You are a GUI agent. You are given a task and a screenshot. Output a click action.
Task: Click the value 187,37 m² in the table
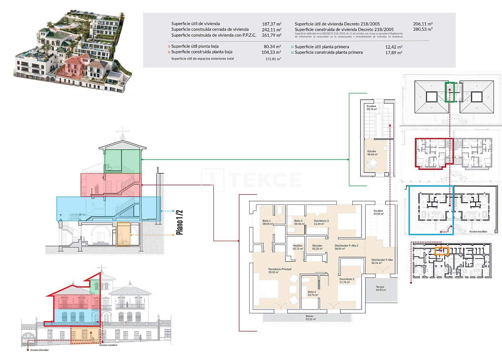(271, 24)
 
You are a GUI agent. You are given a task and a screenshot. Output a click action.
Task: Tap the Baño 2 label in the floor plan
(312, 293)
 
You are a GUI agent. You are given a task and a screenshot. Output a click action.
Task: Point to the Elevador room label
(317, 247)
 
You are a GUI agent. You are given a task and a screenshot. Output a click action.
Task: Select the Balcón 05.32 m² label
(309, 317)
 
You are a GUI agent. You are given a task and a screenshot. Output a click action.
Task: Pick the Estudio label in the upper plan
(372, 153)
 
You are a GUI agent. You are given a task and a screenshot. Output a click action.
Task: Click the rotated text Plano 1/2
(179, 223)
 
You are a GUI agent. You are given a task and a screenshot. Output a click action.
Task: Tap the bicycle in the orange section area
(124, 242)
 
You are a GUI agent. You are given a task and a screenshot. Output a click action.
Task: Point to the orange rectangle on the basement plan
(442, 251)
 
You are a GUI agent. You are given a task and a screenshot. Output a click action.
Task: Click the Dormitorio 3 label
(321, 222)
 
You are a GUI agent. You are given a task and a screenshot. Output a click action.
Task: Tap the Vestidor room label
(297, 247)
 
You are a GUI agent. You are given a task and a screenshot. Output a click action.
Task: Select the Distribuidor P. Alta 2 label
(346, 247)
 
